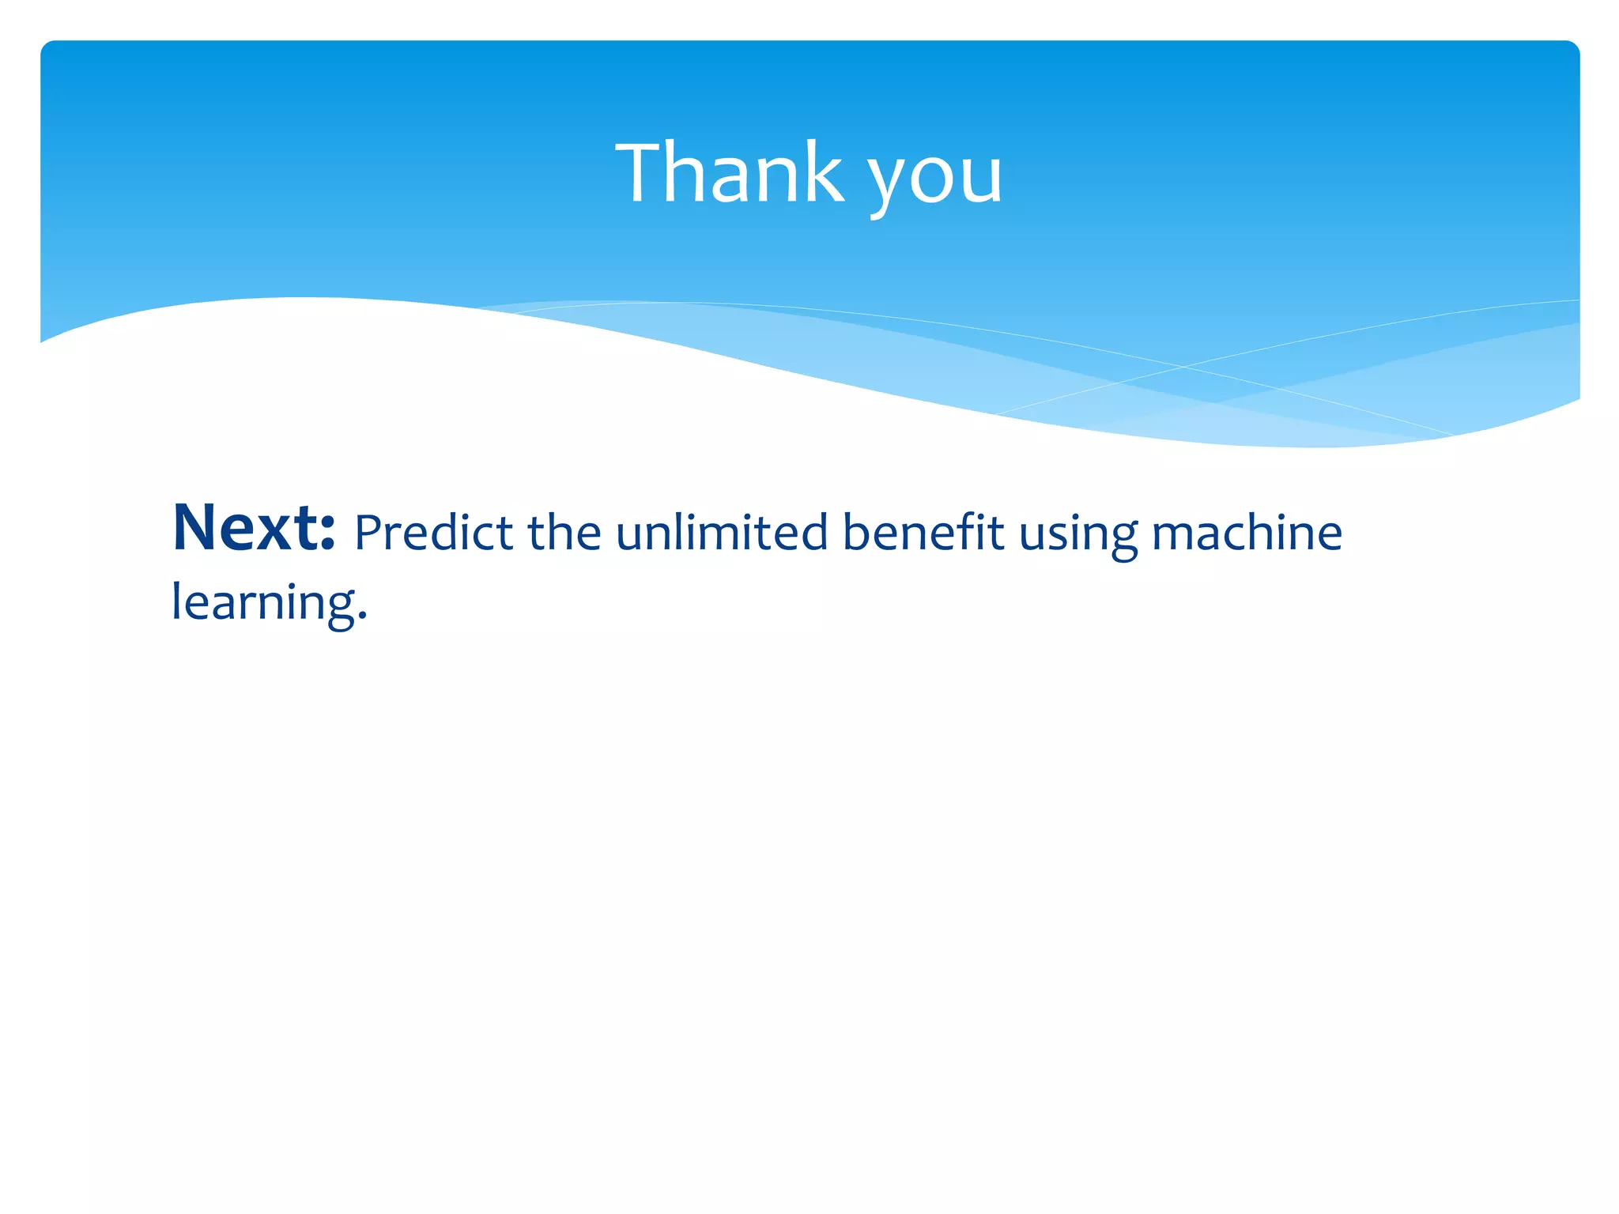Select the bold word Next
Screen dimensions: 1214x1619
(x=254, y=527)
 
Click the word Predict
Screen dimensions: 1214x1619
(x=433, y=532)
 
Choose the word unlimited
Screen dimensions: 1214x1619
(x=722, y=532)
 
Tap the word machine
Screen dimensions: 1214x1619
(x=1247, y=532)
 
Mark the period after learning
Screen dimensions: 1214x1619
(x=363, y=616)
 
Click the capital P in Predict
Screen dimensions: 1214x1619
(x=368, y=532)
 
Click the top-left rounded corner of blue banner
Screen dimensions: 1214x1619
(x=47, y=47)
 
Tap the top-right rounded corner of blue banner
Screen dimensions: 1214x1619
(x=1572, y=47)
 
